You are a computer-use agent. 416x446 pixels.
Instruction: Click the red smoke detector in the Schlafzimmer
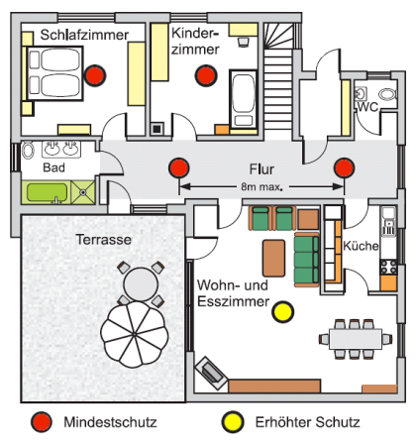tap(95, 75)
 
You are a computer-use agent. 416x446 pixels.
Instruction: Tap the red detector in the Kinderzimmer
tap(206, 75)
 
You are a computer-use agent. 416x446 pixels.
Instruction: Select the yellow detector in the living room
tap(283, 312)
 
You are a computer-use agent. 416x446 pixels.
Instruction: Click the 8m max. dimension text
tap(261, 187)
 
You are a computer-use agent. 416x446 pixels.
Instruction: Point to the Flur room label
tap(261, 169)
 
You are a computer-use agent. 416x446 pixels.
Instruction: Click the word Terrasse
tap(103, 240)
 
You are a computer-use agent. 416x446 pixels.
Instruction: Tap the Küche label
tap(361, 246)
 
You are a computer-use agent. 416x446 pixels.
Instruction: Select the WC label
tap(367, 107)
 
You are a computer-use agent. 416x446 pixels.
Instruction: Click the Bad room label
tap(53, 167)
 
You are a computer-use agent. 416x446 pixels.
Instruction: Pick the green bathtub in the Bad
tap(47, 192)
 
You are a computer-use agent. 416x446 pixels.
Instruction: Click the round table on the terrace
tap(141, 284)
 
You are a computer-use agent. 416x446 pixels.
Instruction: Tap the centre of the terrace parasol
tap(135, 335)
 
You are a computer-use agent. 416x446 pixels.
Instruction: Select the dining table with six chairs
tap(356, 339)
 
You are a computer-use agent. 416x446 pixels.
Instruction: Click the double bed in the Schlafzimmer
tap(54, 73)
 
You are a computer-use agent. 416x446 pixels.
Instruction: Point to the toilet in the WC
tap(387, 94)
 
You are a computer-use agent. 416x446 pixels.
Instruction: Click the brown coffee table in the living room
tap(273, 258)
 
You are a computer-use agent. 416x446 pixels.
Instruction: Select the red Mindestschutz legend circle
tap(42, 422)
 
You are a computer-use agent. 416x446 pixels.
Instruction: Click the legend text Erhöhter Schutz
tap(307, 422)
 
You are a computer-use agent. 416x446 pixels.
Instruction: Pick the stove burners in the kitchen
tap(388, 267)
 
